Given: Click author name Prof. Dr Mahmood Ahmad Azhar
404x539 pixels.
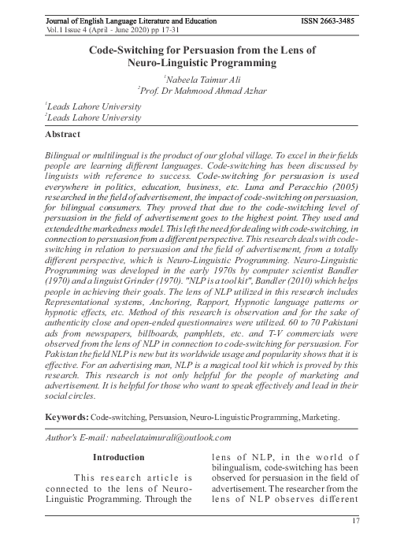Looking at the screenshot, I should pyautogui.click(x=202, y=91).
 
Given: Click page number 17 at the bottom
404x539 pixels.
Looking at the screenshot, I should pyautogui.click(x=355, y=521).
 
